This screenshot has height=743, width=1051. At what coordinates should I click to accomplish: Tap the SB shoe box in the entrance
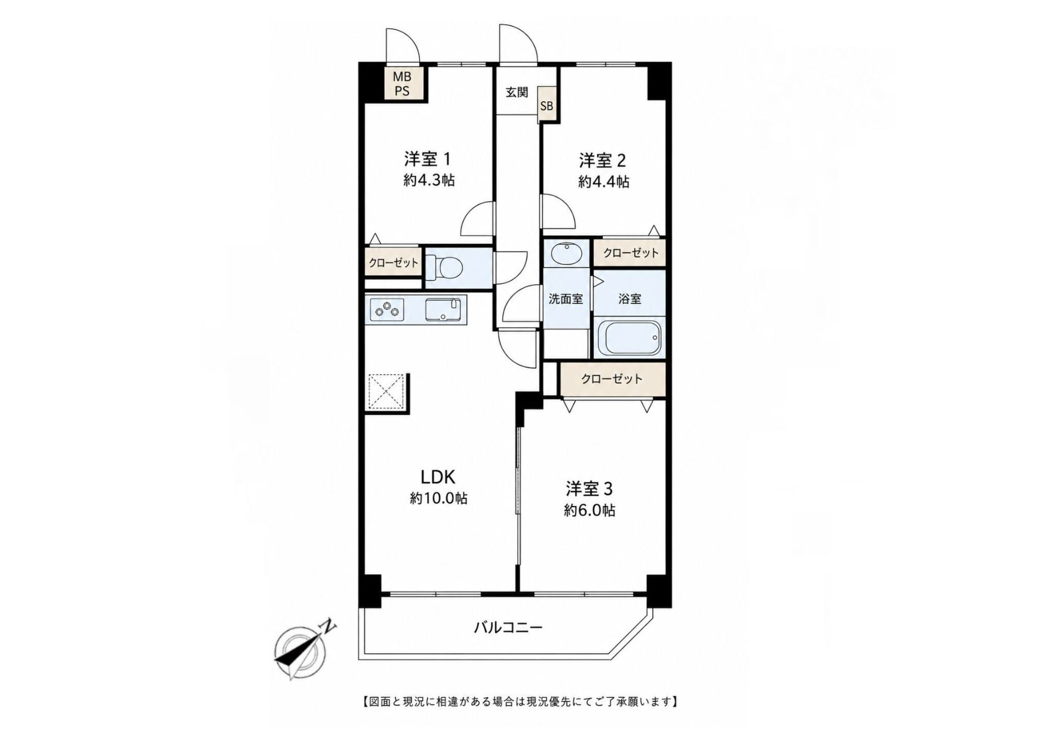pyautogui.click(x=547, y=106)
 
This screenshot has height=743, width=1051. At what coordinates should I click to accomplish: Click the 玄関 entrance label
pyautogui.click(x=517, y=92)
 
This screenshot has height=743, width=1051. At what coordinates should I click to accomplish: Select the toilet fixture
pyautogui.click(x=444, y=267)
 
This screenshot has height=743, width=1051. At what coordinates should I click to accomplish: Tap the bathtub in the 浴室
pyautogui.click(x=630, y=338)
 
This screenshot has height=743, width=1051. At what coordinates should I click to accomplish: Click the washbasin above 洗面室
pyautogui.click(x=567, y=252)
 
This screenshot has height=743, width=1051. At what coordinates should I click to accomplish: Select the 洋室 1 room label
pyautogui.click(x=427, y=160)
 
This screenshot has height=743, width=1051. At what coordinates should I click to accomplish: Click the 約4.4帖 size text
pyautogui.click(x=604, y=182)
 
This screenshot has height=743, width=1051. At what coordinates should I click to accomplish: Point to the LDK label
pyautogui.click(x=438, y=477)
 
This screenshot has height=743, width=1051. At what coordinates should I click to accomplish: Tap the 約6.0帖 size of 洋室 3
pyautogui.click(x=590, y=510)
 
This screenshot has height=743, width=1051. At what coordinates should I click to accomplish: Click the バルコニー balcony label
pyautogui.click(x=508, y=627)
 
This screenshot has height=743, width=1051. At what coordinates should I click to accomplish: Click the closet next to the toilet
pyautogui.click(x=393, y=263)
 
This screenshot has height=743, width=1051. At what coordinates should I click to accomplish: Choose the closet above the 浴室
pyautogui.click(x=630, y=253)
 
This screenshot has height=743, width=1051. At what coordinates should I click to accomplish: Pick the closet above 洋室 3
pyautogui.click(x=612, y=379)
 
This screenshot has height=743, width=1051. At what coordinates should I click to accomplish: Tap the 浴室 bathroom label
pyautogui.click(x=630, y=299)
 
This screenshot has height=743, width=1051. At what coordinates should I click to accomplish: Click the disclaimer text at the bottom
pyautogui.click(x=518, y=701)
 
